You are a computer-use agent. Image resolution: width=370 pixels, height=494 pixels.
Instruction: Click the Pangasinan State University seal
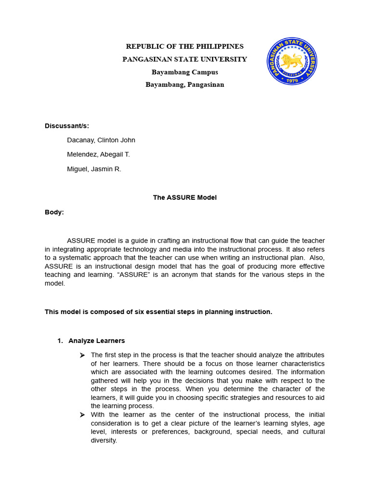[292, 61]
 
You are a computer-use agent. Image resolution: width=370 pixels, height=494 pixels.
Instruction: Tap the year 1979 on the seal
[292, 80]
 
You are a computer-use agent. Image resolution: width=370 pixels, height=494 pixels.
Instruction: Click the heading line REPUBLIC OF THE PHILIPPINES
[185, 46]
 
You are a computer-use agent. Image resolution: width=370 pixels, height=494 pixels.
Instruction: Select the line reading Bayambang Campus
[185, 72]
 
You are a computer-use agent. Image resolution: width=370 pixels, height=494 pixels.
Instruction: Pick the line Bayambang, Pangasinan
[185, 84]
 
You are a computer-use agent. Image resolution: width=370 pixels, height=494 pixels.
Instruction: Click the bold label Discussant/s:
[67, 126]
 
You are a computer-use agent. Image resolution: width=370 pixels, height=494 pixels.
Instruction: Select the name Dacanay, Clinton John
[101, 140]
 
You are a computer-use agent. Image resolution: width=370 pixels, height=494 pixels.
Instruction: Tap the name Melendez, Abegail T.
[98, 154]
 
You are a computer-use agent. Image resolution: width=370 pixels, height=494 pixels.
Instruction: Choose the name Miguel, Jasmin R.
[94, 169]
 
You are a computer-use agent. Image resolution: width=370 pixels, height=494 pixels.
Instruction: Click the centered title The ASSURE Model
[185, 197]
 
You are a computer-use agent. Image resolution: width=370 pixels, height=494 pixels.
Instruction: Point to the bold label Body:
[54, 212]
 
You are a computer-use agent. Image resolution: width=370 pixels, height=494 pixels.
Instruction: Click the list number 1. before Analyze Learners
[60, 341]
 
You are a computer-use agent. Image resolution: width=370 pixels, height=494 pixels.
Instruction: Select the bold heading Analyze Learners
[96, 341]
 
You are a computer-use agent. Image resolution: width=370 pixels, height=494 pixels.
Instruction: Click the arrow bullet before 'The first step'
[82, 355]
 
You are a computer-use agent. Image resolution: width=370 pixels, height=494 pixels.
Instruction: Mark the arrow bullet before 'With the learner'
[82, 415]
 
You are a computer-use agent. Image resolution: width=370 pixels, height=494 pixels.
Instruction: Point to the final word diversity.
[104, 440]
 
